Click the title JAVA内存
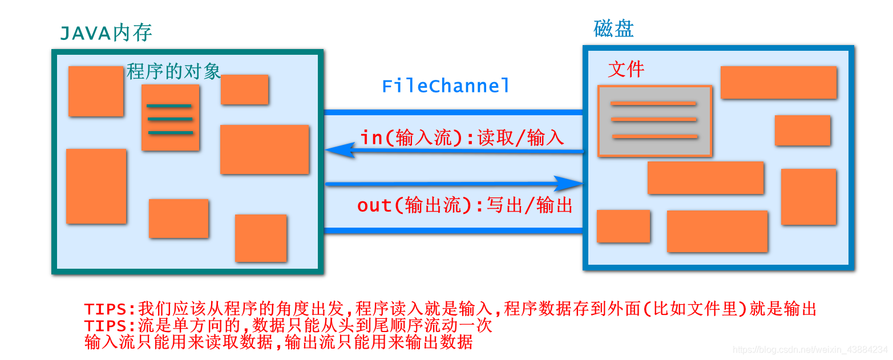pyautogui.click(x=106, y=33)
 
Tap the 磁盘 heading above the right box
pyautogui.click(x=613, y=29)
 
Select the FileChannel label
pyautogui.click(x=446, y=86)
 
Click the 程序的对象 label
pyautogui.click(x=173, y=71)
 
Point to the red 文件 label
pyautogui.click(x=626, y=70)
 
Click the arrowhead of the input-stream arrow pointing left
pyautogui.click(x=337, y=150)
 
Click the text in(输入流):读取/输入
pyautogui.click(x=462, y=138)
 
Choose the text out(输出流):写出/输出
pyautogui.click(x=464, y=205)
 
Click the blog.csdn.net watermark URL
pyautogui.click(x=810, y=349)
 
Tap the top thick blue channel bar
pyautogui.click(x=453, y=112)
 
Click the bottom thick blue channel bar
pyautogui.click(x=453, y=230)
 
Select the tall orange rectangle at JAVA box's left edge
pyautogui.click(x=96, y=186)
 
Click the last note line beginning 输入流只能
pyautogui.click(x=278, y=342)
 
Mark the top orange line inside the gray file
pyautogui.click(x=653, y=103)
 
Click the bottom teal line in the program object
pyautogui.click(x=170, y=133)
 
